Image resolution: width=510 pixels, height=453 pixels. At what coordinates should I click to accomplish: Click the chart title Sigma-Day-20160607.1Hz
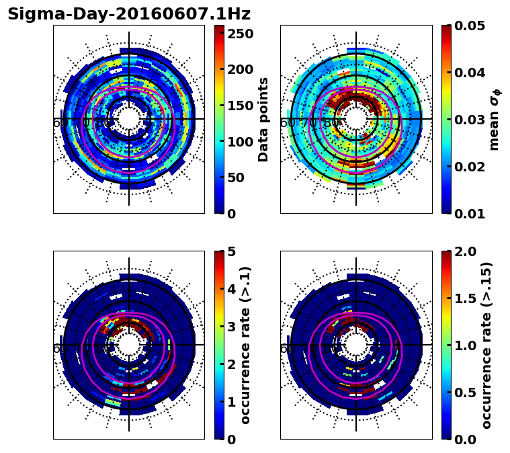[x=129, y=14]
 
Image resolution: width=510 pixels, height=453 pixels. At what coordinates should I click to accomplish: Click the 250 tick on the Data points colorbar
[x=240, y=33]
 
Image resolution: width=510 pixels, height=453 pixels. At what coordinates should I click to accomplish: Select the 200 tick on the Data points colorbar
[x=240, y=69]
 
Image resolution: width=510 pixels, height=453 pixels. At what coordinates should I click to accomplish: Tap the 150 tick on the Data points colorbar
[x=240, y=106]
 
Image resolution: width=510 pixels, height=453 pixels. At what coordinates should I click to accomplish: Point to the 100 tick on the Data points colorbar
[x=240, y=142]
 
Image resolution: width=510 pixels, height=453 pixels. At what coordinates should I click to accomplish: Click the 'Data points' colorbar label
[x=263, y=120]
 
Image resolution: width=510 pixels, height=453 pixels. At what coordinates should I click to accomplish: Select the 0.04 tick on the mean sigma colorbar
[x=471, y=73]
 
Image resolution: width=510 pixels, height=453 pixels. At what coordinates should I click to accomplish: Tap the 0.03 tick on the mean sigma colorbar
[x=471, y=120]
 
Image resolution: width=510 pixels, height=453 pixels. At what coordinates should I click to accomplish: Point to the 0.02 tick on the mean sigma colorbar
[x=471, y=167]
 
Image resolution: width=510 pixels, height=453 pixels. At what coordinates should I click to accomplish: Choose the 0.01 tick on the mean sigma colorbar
[x=471, y=214]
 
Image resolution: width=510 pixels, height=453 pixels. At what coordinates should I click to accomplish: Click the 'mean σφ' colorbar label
[x=495, y=120]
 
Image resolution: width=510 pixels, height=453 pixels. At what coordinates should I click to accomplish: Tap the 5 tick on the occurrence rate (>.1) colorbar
[x=230, y=251]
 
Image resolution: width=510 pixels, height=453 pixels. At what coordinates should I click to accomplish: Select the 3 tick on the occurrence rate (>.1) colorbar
[x=230, y=327]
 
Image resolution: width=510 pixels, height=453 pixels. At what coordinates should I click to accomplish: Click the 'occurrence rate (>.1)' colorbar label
[x=245, y=345]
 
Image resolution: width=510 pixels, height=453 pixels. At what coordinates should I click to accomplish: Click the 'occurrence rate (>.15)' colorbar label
[x=486, y=345]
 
